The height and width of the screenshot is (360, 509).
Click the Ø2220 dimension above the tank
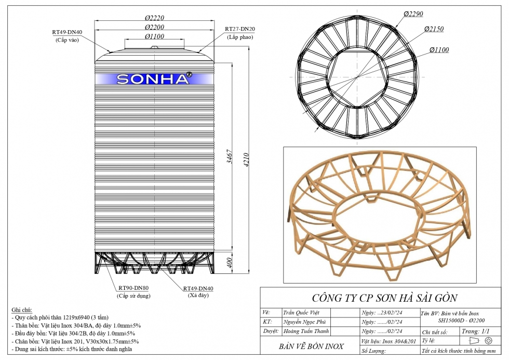pyautogui.click(x=155, y=18)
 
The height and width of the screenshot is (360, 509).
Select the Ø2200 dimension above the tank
pyautogui.click(x=155, y=27)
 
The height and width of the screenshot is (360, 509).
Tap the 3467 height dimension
pyautogui.click(x=230, y=156)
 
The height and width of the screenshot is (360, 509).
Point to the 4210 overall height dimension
pyautogui.click(x=246, y=159)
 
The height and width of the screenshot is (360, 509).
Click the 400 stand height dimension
pyautogui.click(x=229, y=263)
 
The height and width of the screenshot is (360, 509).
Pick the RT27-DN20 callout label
pyautogui.click(x=240, y=29)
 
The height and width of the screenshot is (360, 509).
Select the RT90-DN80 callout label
pyautogui.click(x=133, y=288)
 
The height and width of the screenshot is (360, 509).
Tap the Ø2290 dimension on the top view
pyautogui.click(x=413, y=14)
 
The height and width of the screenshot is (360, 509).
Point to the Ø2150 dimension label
pyautogui.click(x=434, y=29)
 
